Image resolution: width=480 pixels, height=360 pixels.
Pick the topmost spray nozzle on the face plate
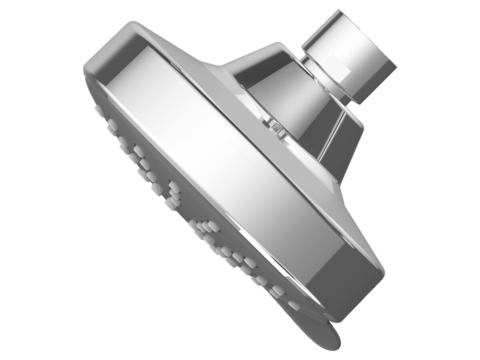[98, 108]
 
